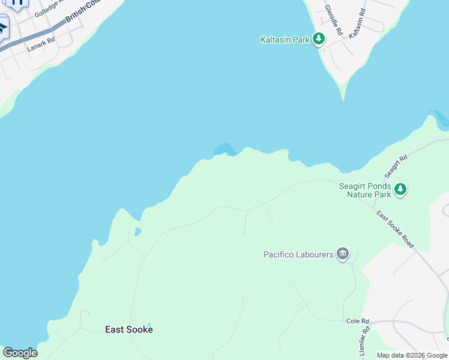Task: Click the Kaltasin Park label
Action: (285, 40)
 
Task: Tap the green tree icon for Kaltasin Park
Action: (319, 40)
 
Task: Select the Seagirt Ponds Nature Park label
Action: (365, 190)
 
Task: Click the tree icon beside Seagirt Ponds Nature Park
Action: (400, 190)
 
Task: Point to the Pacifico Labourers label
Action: (298, 255)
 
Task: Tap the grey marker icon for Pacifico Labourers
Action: (343, 254)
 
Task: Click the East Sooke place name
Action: (128, 329)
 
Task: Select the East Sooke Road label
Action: (395, 229)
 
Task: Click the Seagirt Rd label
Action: (396, 166)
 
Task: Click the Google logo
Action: (20, 353)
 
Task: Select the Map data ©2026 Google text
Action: (412, 355)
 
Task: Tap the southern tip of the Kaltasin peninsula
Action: (343, 96)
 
